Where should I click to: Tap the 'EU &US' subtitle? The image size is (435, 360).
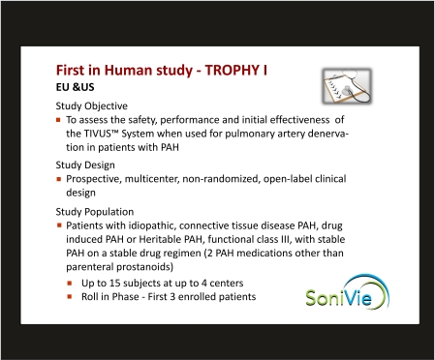pyautogui.click(x=73, y=87)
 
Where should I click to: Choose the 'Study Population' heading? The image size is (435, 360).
pyautogui.click(x=97, y=211)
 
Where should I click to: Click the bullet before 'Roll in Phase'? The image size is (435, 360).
pyautogui.click(x=71, y=296)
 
